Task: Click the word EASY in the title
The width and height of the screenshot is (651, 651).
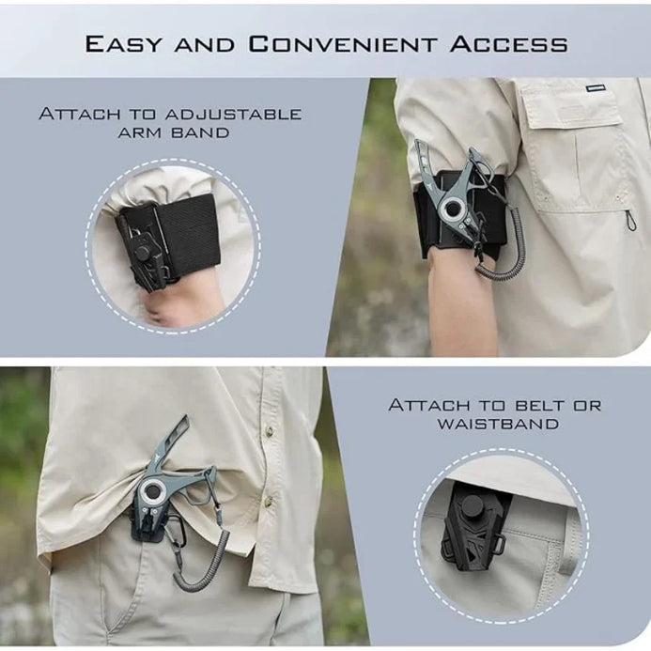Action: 122,44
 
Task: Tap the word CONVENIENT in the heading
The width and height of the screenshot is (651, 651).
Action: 343,44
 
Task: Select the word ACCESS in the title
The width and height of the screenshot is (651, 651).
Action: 508,44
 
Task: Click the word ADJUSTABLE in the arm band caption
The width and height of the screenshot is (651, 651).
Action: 233,114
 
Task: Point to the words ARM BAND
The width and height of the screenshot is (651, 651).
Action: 174,132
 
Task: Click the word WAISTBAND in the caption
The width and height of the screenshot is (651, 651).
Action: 498,424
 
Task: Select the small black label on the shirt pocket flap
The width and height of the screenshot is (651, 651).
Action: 595,88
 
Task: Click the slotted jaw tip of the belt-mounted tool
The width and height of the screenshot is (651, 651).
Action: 178,432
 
